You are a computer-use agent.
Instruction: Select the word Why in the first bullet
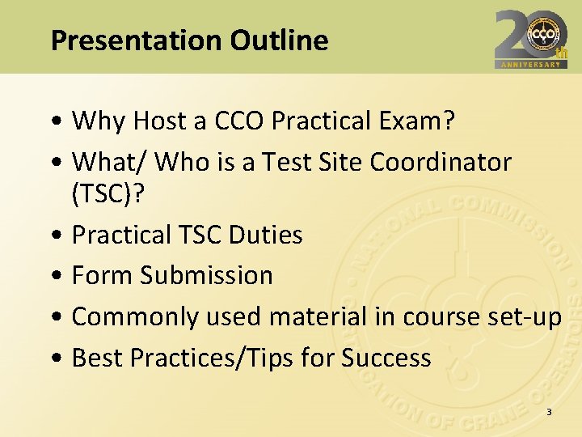click(x=99, y=121)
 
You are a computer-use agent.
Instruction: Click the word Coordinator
click(x=441, y=162)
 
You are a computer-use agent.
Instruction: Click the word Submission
click(x=206, y=275)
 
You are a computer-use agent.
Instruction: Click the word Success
click(x=386, y=357)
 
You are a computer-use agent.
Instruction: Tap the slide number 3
click(x=549, y=413)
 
